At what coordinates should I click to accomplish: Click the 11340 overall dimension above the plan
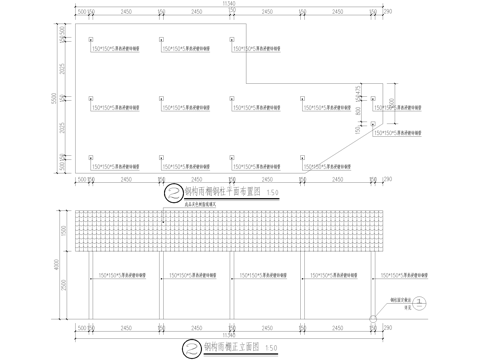point(229,4)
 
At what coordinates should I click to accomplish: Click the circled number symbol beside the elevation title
point(191,346)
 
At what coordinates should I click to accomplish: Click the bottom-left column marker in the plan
point(91,159)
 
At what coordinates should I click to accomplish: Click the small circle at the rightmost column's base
point(374,320)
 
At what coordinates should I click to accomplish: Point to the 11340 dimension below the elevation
point(229,334)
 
